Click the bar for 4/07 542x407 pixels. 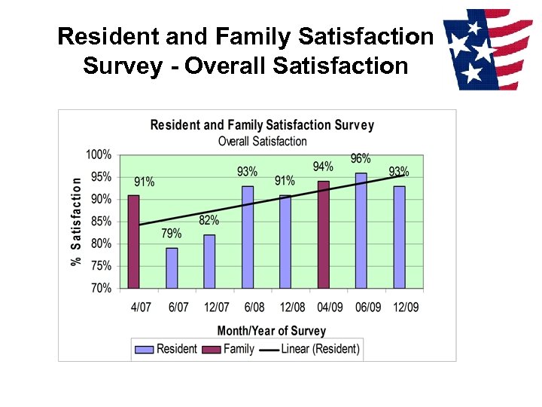coord(133,241)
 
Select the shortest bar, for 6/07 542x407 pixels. coord(172,268)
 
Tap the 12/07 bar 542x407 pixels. coord(209,261)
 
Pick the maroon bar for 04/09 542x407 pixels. coord(323,234)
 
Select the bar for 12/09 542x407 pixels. coord(399,237)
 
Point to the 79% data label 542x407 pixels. coord(172,234)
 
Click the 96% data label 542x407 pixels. coord(361,158)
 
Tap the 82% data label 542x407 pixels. coord(209,220)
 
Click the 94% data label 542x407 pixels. coord(323,167)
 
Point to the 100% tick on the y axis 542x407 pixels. coord(99,155)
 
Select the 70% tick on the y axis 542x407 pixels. coord(101,288)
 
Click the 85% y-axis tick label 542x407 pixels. coord(101,222)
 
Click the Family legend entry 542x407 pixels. coord(230,349)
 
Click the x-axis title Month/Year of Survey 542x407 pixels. coord(272,330)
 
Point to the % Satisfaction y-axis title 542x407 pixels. coord(76,222)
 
